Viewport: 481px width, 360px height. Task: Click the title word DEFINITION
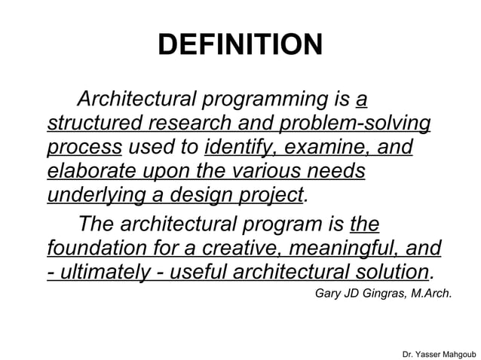click(x=240, y=45)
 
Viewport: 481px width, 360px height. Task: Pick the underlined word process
click(x=84, y=148)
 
